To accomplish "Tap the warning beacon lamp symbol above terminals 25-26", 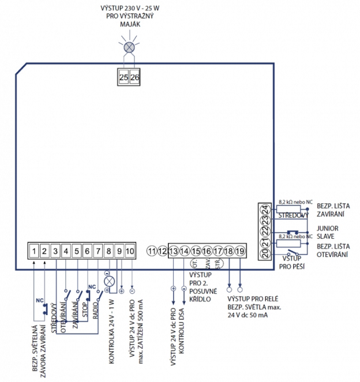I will pos(129,47).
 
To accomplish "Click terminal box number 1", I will pos(35,251).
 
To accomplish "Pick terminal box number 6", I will pos(87,251).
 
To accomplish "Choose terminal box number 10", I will pos(129,251).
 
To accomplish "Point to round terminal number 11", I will pos(152,251).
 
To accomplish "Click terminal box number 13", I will pos(174,251).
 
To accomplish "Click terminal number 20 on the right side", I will pos(264,253).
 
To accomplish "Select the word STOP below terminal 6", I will pos(85,306).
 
